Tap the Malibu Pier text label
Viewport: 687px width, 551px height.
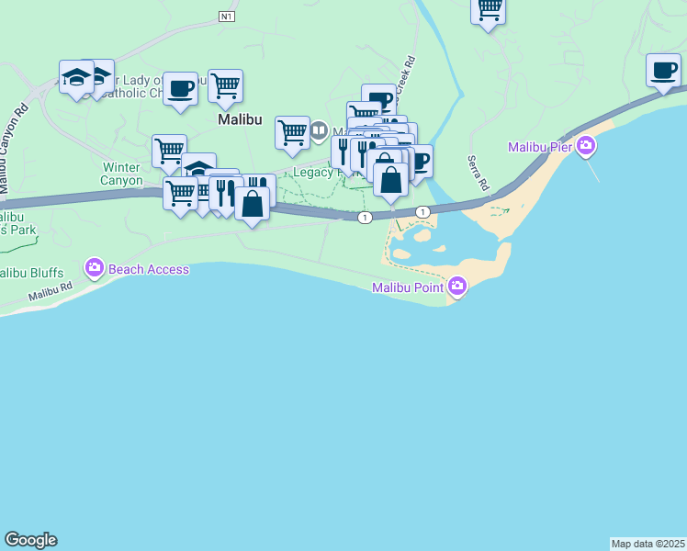click(x=541, y=148)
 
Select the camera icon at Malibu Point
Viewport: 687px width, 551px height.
click(x=457, y=288)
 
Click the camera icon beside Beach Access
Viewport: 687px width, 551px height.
click(x=94, y=269)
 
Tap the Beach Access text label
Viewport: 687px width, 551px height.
click(x=149, y=269)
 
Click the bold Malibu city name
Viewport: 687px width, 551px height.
click(x=241, y=120)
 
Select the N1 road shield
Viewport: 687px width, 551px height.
click(x=228, y=17)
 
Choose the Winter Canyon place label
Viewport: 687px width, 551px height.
click(x=121, y=174)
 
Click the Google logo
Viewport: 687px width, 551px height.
click(x=30, y=540)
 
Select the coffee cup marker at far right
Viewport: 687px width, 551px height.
click(x=663, y=71)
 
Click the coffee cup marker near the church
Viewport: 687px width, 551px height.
click(x=180, y=89)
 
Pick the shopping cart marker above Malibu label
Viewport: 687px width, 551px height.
click(x=225, y=86)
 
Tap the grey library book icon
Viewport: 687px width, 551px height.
click(x=320, y=129)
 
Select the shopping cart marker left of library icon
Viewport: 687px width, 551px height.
click(x=292, y=132)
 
